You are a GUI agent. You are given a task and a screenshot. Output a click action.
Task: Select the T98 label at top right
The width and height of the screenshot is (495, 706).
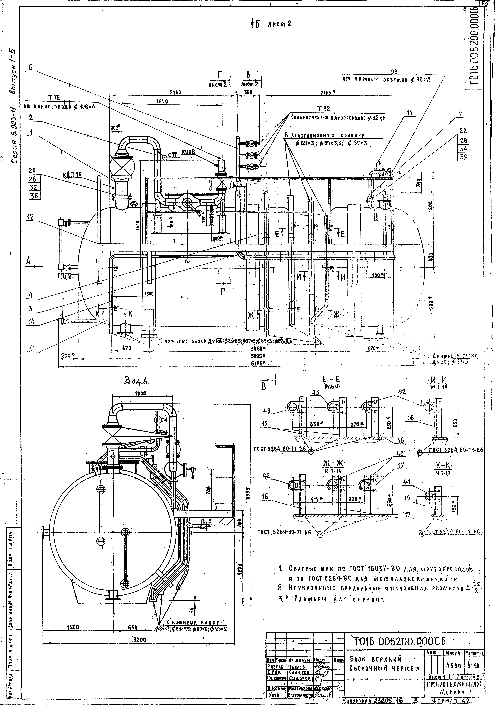pyautogui.click(x=392, y=72)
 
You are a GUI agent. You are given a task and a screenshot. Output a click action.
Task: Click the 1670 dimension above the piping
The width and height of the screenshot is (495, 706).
pyautogui.click(x=162, y=101)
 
